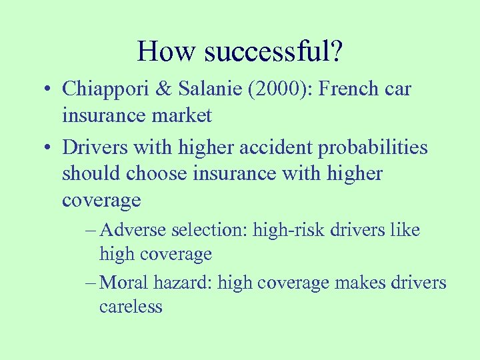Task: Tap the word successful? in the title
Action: [273, 51]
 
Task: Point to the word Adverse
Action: [135, 230]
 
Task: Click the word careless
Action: [131, 307]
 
